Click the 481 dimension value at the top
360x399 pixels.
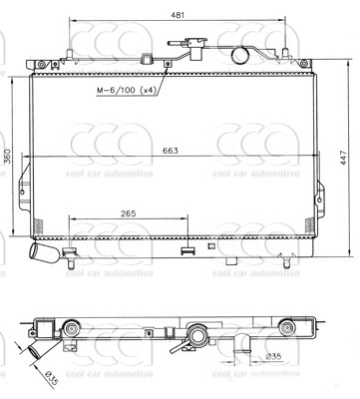pos(178,15)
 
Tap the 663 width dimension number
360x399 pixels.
pos(171,151)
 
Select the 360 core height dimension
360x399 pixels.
pos(7,156)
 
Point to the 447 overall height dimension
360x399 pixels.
pos(343,158)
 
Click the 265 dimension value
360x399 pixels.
pos(129,213)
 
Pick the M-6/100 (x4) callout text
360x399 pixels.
pos(127,90)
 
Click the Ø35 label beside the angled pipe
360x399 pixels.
pos(51,379)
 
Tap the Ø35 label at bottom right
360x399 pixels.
pos(273,357)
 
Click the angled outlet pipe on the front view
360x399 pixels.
pos(44,252)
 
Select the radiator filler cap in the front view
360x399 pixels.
pos(195,49)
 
